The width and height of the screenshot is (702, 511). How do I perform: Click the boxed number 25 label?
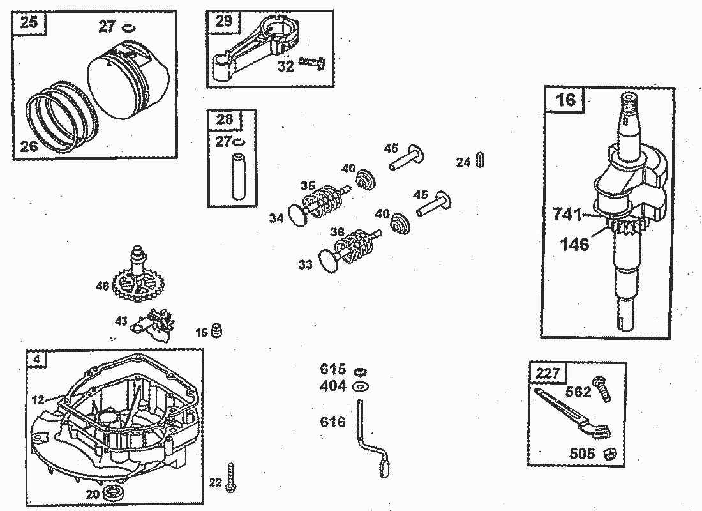29,24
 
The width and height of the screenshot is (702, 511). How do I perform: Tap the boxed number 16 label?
565,100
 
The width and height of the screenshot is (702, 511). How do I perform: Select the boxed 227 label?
547,374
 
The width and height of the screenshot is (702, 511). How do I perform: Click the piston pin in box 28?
240,174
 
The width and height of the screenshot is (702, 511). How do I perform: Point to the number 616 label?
332,422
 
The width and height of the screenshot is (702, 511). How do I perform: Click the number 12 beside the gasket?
38,400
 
